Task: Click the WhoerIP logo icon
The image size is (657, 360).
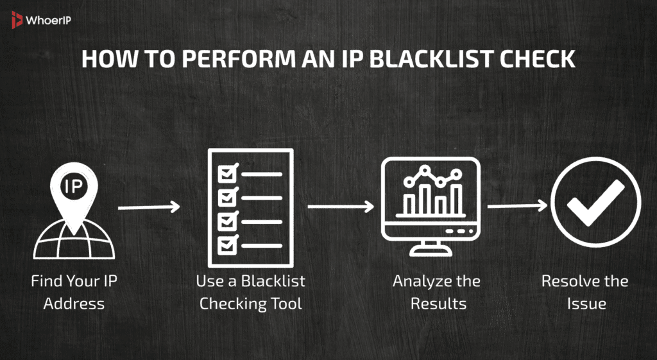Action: pyautogui.click(x=17, y=21)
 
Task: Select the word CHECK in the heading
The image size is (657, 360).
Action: pyautogui.click(x=534, y=59)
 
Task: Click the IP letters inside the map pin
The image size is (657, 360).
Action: pyautogui.click(x=73, y=186)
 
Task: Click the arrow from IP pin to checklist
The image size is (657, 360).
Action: pyautogui.click(x=148, y=207)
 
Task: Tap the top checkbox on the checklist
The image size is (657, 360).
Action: pyautogui.click(x=227, y=173)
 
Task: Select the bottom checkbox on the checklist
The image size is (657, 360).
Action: pyautogui.click(x=227, y=244)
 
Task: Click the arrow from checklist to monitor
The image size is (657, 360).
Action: pyautogui.click(x=340, y=207)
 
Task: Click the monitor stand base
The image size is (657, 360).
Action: pyautogui.click(x=430, y=253)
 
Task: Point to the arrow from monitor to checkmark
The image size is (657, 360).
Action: pyautogui.click(x=517, y=206)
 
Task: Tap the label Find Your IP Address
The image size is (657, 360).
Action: pyautogui.click(x=73, y=292)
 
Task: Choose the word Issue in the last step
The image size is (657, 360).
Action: pyautogui.click(x=586, y=303)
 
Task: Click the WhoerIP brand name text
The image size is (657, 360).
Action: pyautogui.click(x=48, y=21)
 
